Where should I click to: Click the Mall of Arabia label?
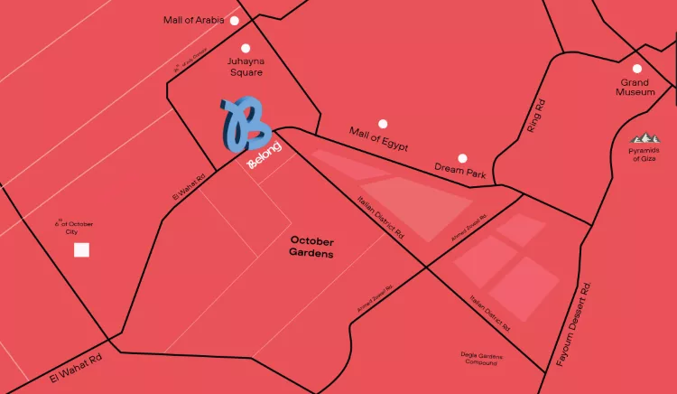point(193,20)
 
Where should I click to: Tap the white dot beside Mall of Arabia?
point(235,20)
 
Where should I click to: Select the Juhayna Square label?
point(245,66)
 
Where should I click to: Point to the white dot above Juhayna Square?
point(245,48)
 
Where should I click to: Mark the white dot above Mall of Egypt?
point(383,123)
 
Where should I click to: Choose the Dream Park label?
point(460,169)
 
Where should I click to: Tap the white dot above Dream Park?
point(462,157)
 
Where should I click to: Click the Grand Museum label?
point(635,87)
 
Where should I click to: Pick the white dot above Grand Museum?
point(637,69)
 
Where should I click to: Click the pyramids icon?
point(645,139)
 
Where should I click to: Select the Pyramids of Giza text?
point(644,155)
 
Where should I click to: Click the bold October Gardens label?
point(312,248)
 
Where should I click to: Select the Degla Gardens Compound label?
point(480,358)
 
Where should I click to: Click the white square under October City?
point(81,249)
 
